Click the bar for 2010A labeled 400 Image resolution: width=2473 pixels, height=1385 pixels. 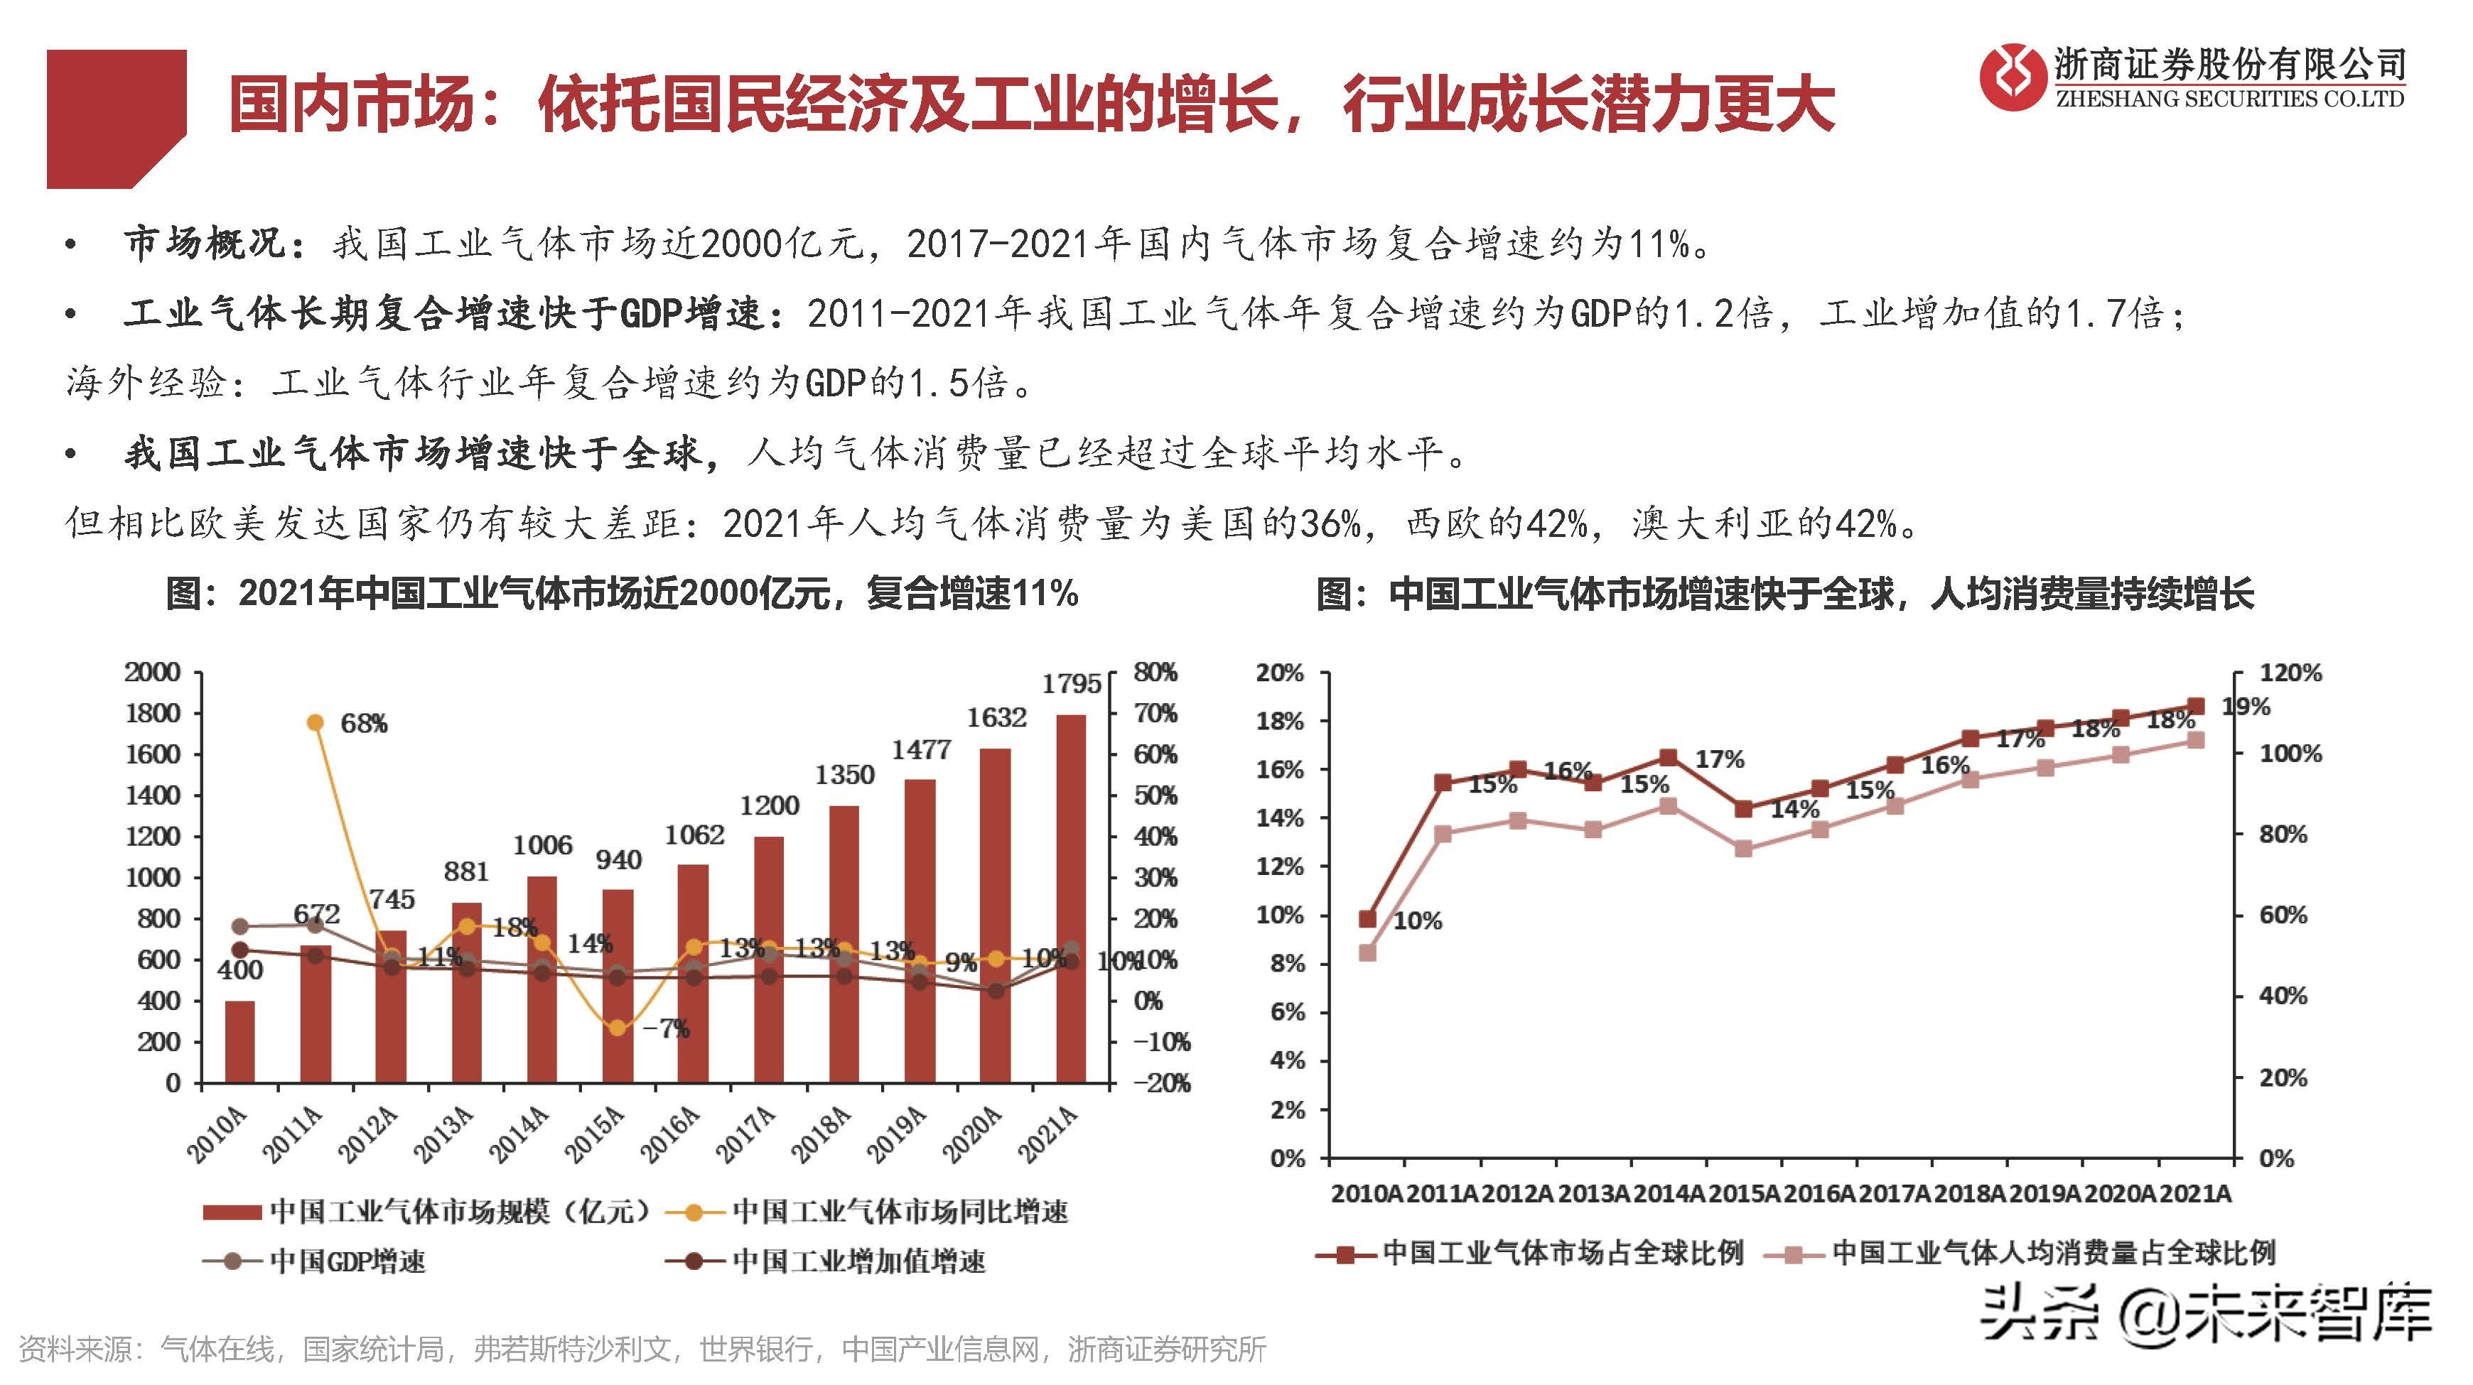click(x=240, y=1041)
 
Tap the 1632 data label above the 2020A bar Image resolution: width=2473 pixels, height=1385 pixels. click(x=996, y=718)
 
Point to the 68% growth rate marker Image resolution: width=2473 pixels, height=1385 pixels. click(x=315, y=723)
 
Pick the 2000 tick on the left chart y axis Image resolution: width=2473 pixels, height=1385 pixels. click(x=153, y=672)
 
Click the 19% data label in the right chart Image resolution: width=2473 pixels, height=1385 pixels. click(x=2246, y=707)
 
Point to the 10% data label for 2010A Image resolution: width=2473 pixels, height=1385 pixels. click(x=1417, y=921)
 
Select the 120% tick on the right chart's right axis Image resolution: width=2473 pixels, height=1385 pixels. click(x=2290, y=673)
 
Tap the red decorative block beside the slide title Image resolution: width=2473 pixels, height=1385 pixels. click(x=115, y=117)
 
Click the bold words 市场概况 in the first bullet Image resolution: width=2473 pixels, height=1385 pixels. click(x=203, y=244)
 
